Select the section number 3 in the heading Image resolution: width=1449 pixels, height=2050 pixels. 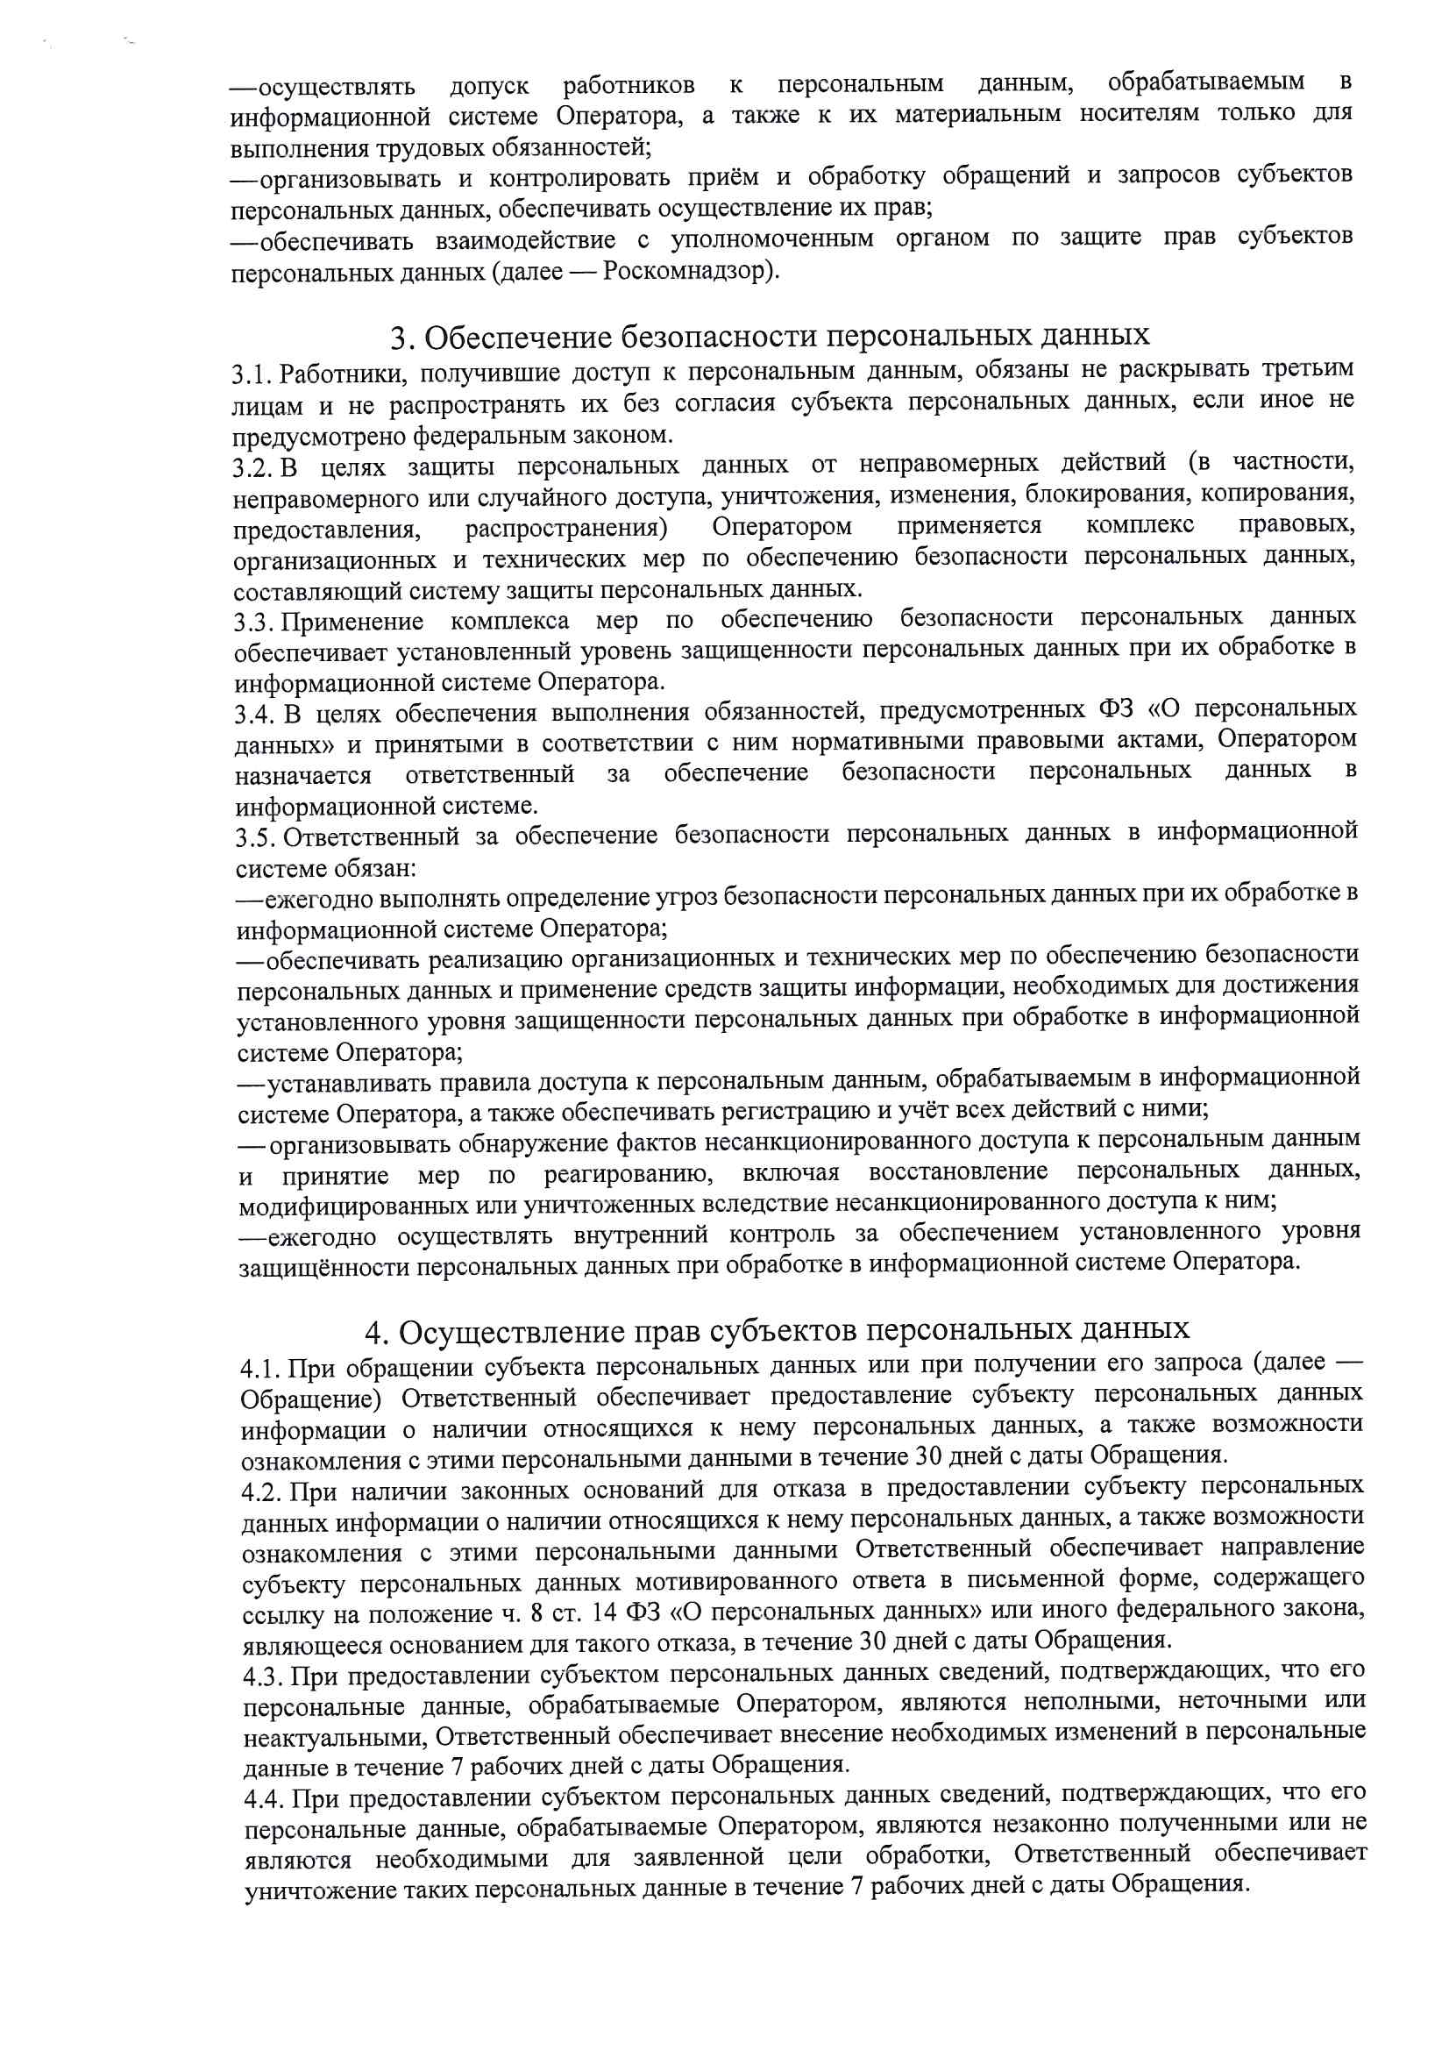pyautogui.click(x=400, y=338)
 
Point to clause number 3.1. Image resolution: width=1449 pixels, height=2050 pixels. pyautogui.click(x=252, y=374)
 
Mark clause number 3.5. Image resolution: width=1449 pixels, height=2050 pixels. pyautogui.click(x=255, y=837)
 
